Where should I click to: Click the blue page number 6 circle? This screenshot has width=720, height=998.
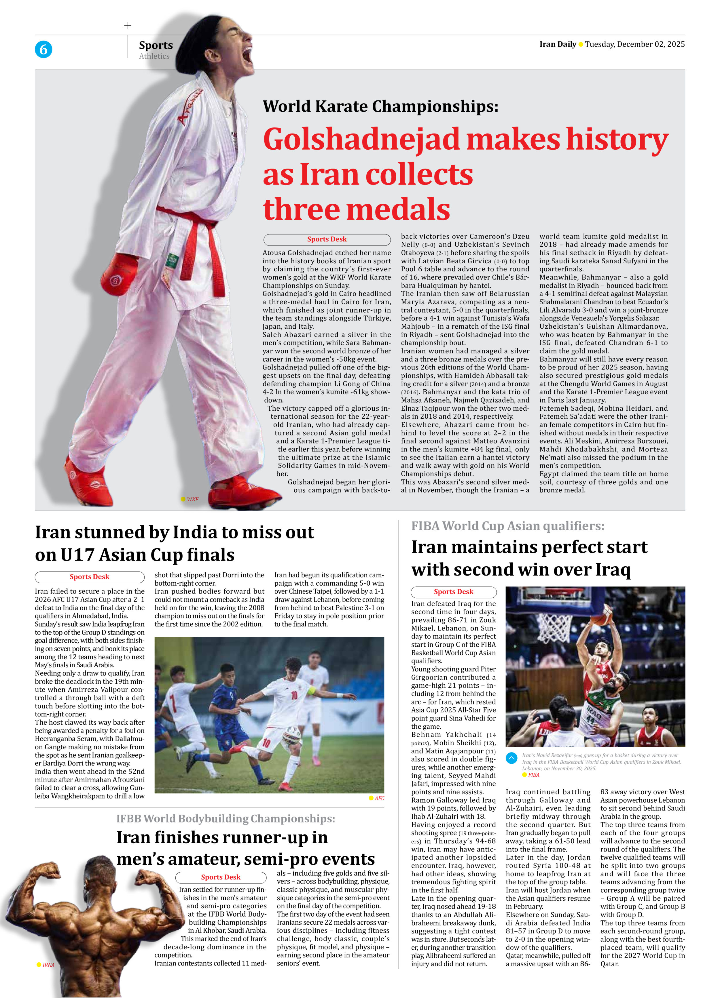pyautogui.click(x=43, y=49)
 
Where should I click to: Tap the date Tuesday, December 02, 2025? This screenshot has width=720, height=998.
pyautogui.click(x=634, y=44)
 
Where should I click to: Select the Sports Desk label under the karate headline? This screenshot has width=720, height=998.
pyautogui.click(x=327, y=239)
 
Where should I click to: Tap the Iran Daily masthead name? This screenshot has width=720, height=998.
pyautogui.click(x=558, y=44)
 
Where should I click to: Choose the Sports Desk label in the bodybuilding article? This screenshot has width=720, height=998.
pyautogui.click(x=221, y=877)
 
